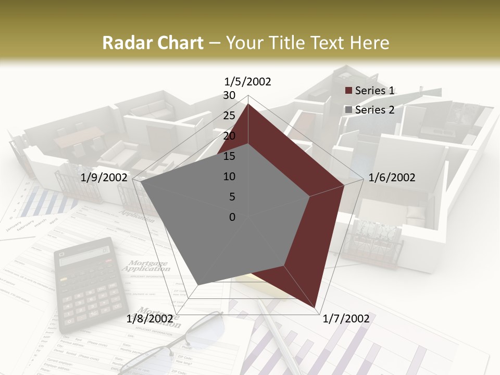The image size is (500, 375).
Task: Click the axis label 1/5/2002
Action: [248, 81]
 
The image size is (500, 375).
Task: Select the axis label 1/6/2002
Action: [392, 178]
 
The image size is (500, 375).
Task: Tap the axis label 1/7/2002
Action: [346, 319]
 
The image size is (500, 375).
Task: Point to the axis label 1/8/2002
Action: [150, 319]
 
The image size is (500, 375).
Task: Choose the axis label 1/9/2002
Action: [104, 178]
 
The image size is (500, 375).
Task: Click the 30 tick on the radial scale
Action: [229, 95]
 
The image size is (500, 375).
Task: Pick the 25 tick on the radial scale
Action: [229, 116]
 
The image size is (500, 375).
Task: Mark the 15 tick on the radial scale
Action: [229, 156]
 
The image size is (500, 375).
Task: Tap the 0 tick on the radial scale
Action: [232, 217]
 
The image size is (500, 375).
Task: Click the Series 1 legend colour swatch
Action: [349, 91]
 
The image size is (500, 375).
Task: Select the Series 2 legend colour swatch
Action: [349, 110]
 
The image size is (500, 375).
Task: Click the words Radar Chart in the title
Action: [153, 43]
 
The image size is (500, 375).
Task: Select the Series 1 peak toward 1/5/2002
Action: [248, 104]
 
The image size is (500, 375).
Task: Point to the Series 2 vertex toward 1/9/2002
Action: [141, 181]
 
